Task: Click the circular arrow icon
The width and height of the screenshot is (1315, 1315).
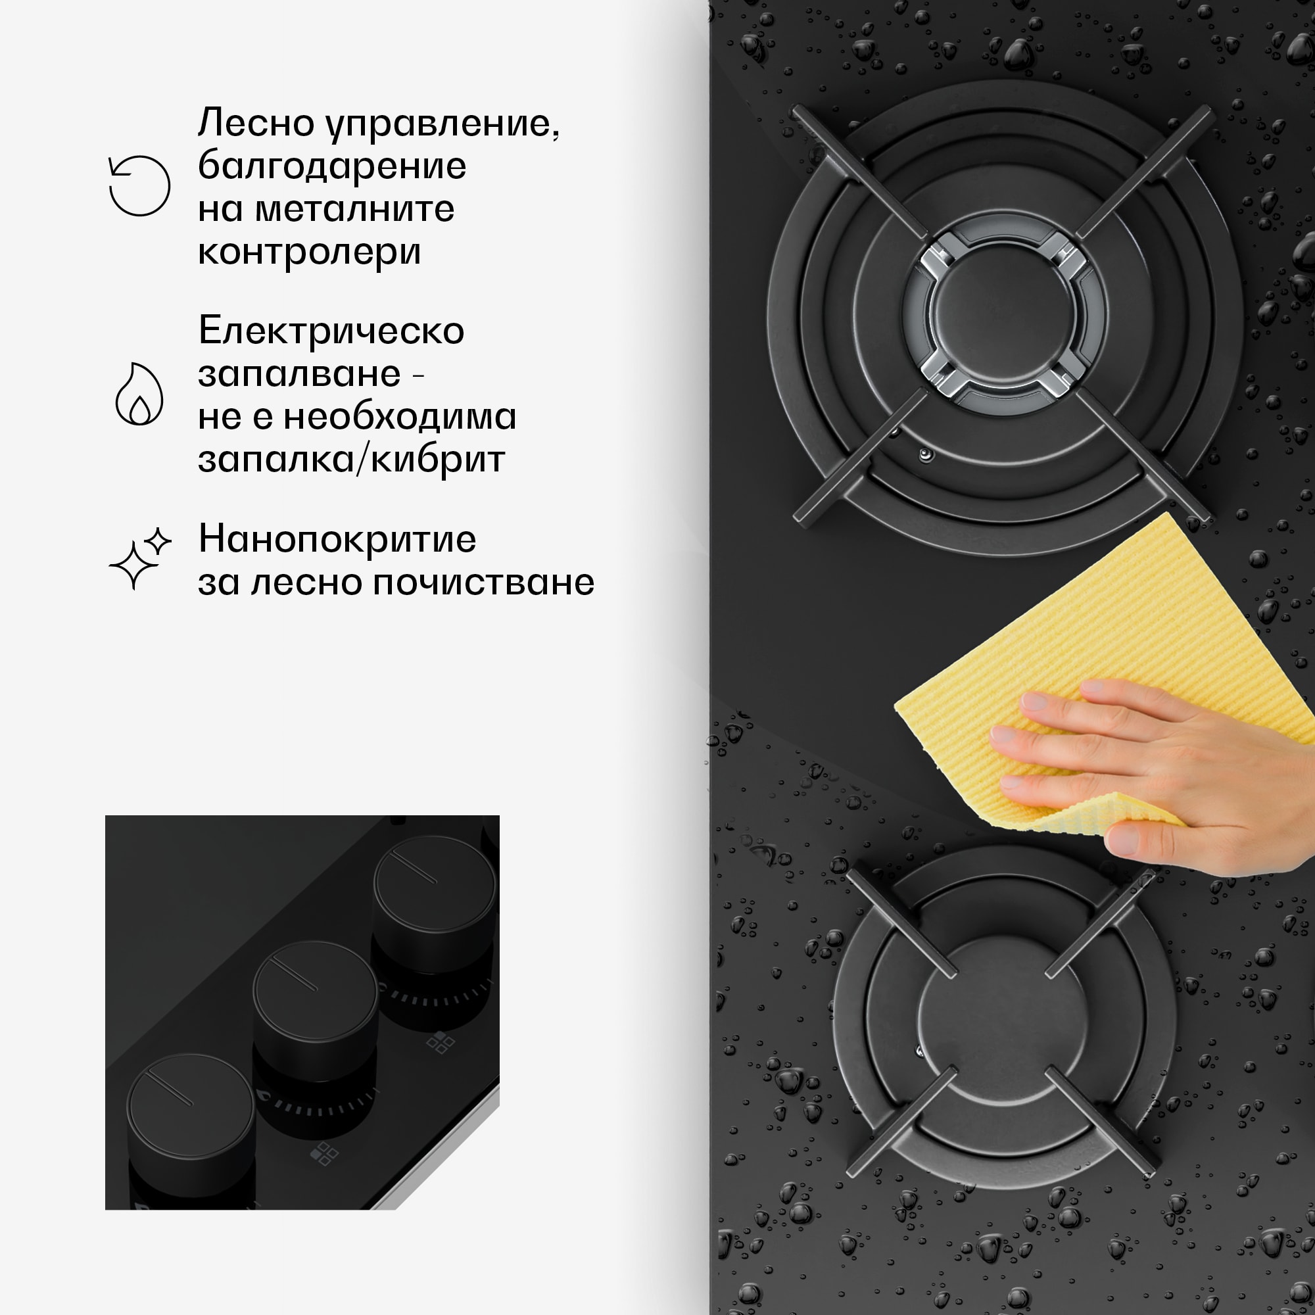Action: (139, 186)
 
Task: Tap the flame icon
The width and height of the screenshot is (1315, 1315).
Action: (139, 394)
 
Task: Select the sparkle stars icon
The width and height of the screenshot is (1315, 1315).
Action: (139, 558)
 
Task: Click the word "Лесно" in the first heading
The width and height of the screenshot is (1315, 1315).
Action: (256, 123)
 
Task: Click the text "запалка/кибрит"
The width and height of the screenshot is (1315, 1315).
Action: (351, 460)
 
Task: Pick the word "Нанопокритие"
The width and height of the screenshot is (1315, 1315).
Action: (337, 540)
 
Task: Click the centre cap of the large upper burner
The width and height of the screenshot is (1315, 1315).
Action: (1003, 313)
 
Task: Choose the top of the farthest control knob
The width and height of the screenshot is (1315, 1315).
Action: (434, 883)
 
